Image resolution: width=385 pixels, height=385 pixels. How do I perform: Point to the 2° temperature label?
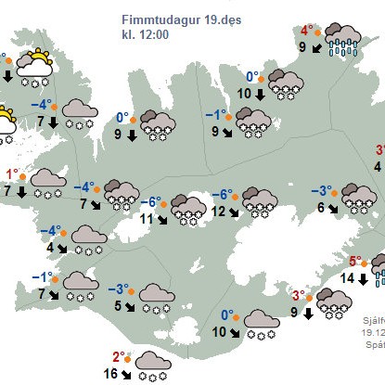tap(119, 356)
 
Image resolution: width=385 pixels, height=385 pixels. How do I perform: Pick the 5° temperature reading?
tap(355, 261)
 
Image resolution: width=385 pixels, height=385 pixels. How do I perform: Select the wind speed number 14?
tap(346, 277)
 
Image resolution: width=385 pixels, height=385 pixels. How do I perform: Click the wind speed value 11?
tap(146, 220)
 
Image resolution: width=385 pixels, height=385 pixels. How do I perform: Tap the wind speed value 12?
tap(217, 212)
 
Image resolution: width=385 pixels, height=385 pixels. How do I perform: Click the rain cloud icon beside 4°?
tap(346, 39)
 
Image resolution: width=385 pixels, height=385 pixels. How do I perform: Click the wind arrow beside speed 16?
tap(129, 375)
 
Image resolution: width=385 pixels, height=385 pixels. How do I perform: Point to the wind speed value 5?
tap(117, 305)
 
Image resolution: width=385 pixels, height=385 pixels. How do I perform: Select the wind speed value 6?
tap(321, 208)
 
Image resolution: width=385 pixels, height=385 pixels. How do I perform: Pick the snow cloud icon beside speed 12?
tap(260, 199)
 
